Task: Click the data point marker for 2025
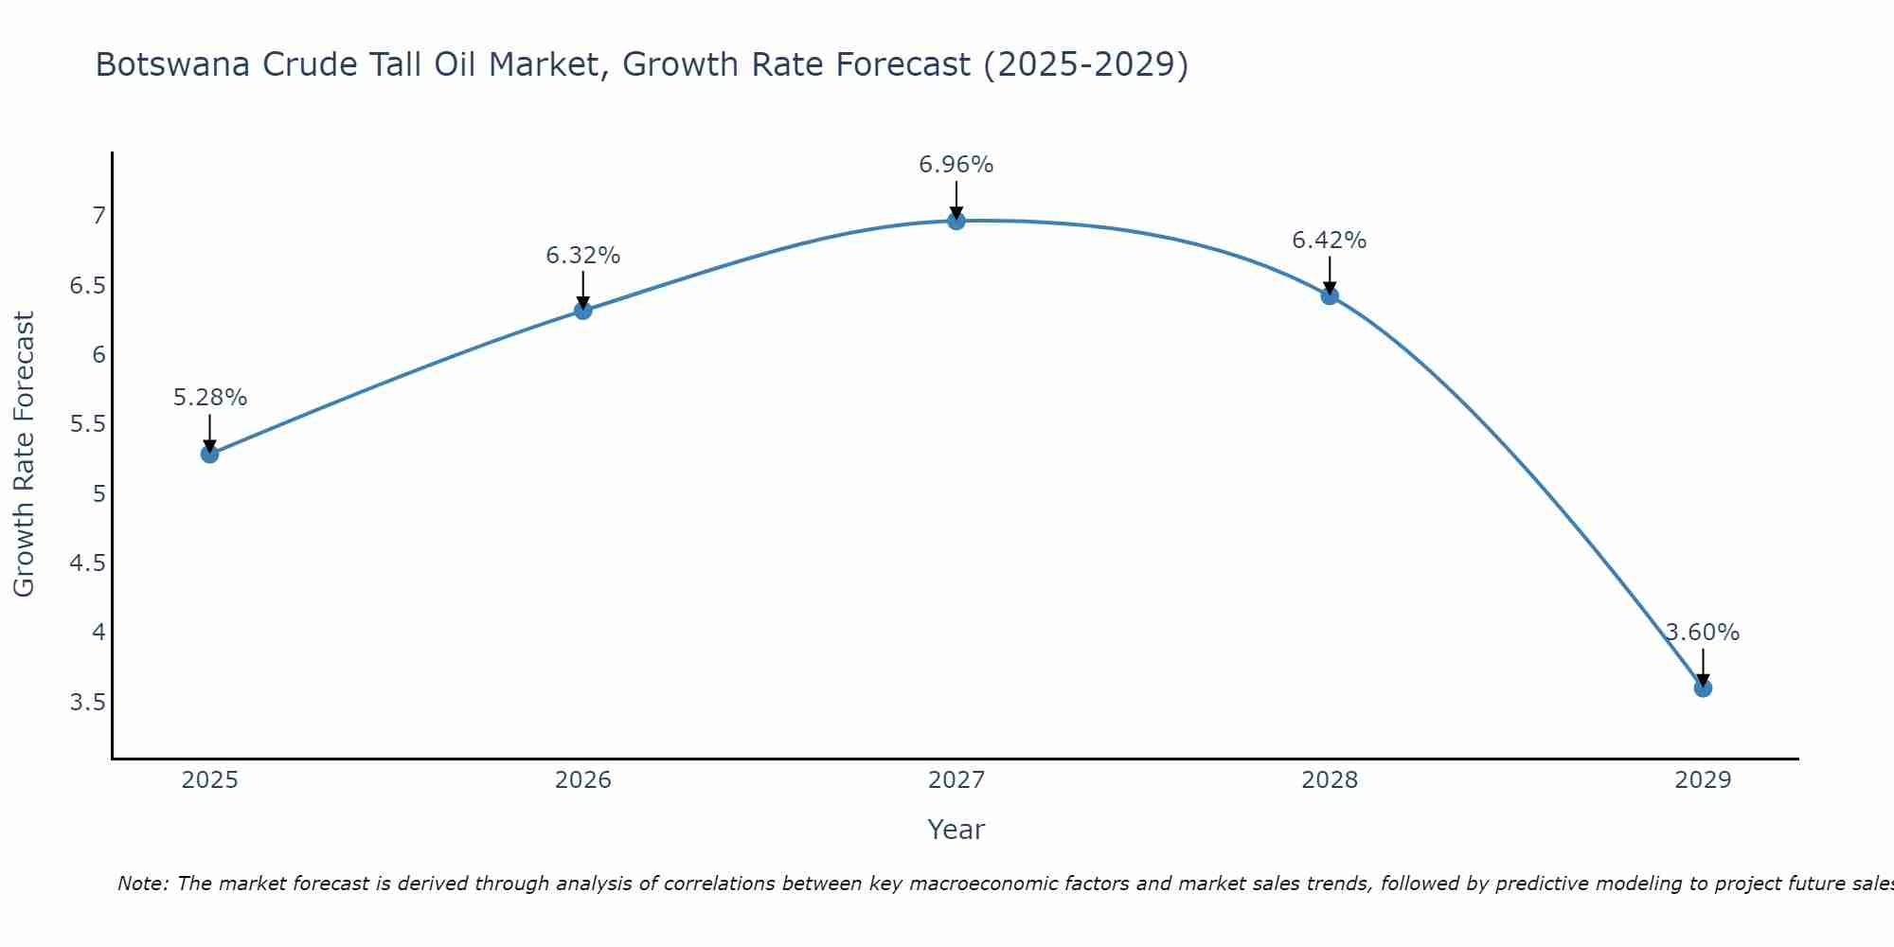point(210,454)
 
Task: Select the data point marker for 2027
point(956,221)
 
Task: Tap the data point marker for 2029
point(1703,688)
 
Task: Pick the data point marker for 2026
point(583,310)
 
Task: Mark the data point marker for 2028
point(1330,295)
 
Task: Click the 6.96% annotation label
point(956,165)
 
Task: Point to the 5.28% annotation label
point(210,398)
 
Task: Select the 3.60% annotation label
point(1703,633)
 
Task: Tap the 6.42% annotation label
point(1330,241)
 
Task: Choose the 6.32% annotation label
point(583,256)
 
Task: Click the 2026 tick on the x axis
point(583,780)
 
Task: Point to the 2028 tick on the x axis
point(1330,780)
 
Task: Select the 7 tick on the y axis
point(98,216)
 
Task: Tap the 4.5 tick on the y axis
point(87,563)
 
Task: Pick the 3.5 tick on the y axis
point(87,703)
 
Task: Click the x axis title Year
point(956,830)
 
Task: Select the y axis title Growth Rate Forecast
point(24,455)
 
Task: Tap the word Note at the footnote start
point(141,884)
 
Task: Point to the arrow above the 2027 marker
point(956,200)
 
